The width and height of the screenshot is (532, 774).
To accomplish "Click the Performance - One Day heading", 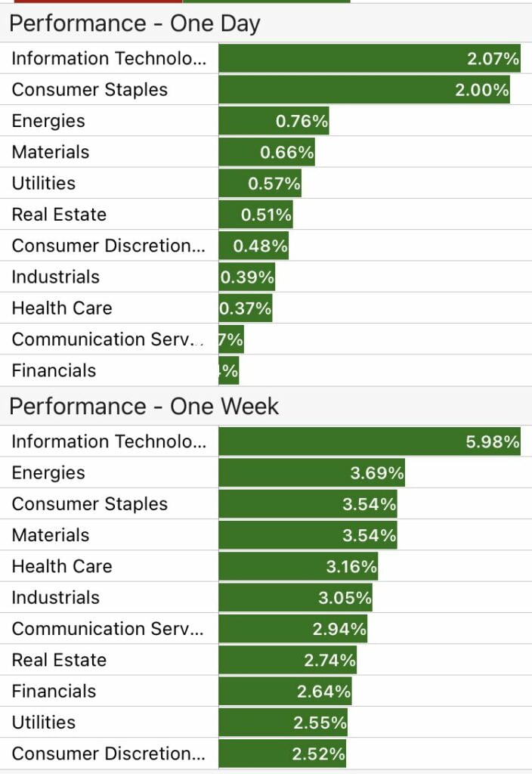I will [x=135, y=23].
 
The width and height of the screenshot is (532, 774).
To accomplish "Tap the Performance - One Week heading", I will [x=144, y=407].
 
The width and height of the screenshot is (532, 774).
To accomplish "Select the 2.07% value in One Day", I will [x=493, y=59].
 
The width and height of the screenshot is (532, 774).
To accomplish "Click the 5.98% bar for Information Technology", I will [x=370, y=441].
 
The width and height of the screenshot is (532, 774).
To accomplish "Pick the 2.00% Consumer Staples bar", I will [x=363, y=90].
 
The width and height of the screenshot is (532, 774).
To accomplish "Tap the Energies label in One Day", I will [x=48, y=121].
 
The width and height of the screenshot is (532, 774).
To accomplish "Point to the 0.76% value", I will [x=302, y=121].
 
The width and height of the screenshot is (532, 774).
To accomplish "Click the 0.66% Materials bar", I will [x=267, y=153].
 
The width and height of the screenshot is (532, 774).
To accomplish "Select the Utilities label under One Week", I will [x=44, y=723].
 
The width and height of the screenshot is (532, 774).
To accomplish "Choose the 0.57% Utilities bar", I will [x=260, y=184].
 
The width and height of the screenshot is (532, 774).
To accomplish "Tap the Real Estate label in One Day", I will [x=59, y=215].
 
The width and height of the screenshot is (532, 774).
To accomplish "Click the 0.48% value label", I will [x=260, y=246].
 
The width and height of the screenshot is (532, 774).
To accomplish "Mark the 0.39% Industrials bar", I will [x=247, y=277].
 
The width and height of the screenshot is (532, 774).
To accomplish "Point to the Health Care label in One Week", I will [x=62, y=566].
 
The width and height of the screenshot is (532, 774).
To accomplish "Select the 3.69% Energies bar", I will [x=311, y=473].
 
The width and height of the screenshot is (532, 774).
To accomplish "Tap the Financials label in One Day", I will [x=54, y=370].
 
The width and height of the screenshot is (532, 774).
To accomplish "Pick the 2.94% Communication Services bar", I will [x=293, y=629].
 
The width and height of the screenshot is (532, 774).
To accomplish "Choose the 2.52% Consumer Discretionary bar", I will [x=283, y=754].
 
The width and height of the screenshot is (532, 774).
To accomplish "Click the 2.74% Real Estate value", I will [x=329, y=660].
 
